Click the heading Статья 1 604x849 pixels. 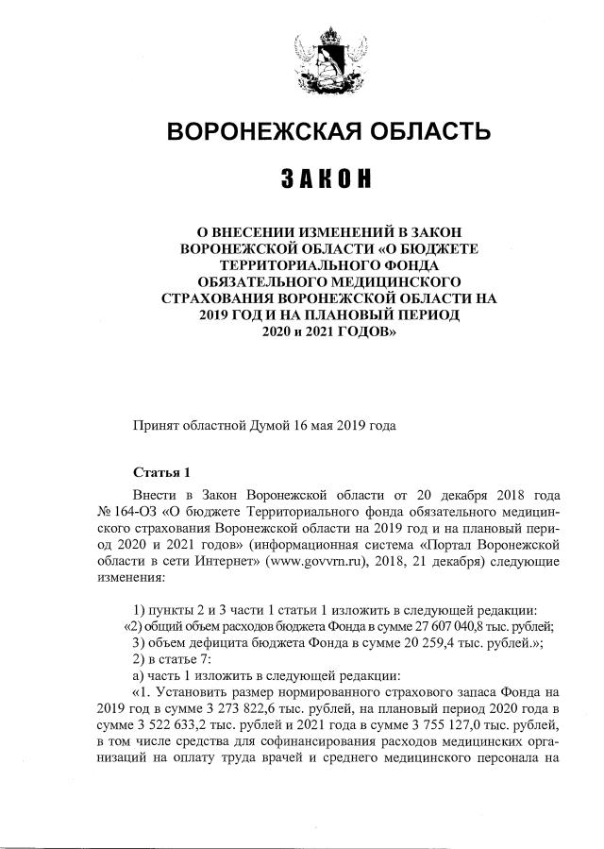point(162,472)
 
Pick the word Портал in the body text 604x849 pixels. point(447,545)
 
